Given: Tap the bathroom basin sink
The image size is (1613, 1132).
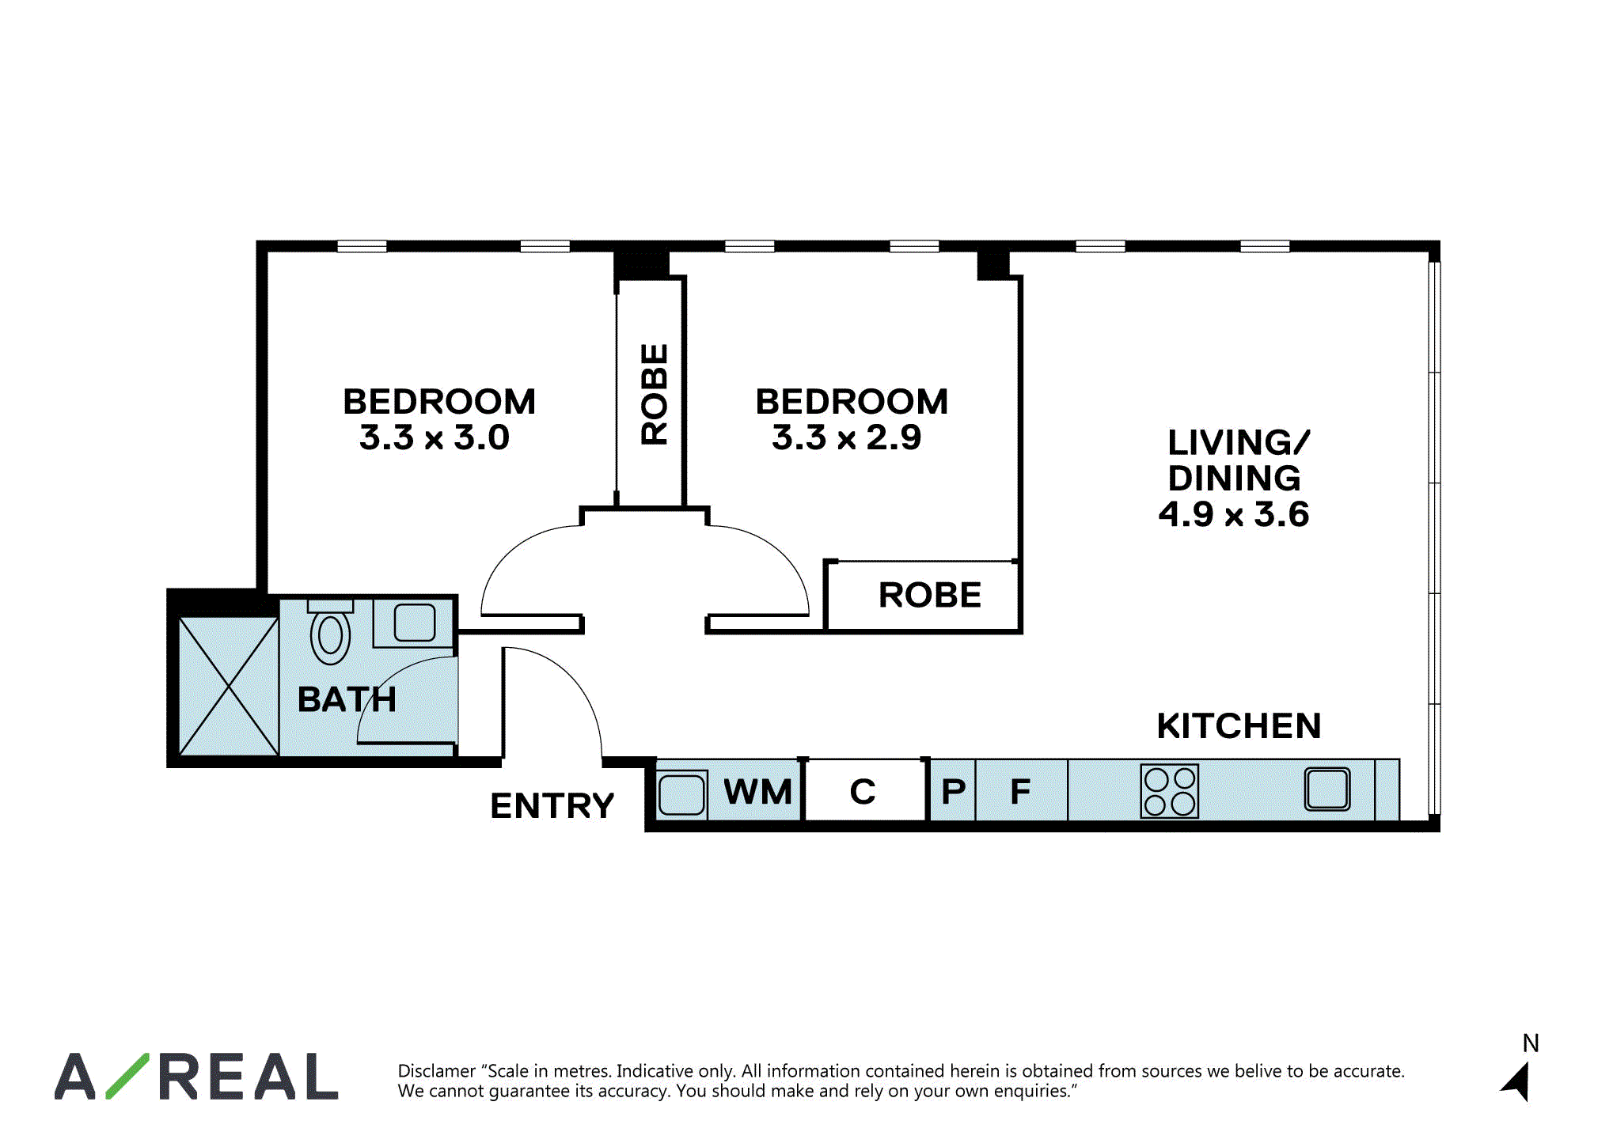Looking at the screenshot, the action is pyautogui.click(x=415, y=623).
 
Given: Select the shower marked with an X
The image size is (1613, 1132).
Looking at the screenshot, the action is pyautogui.click(x=229, y=686).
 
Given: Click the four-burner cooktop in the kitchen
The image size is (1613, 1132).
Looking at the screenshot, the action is pyautogui.click(x=1170, y=790).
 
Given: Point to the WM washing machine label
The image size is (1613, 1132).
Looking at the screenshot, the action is pyautogui.click(x=757, y=791).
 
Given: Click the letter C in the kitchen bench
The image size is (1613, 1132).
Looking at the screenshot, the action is pyautogui.click(x=863, y=792).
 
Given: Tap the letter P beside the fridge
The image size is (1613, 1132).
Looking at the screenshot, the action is pyautogui.click(x=954, y=791).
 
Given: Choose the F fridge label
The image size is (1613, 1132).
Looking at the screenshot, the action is pyautogui.click(x=1020, y=791).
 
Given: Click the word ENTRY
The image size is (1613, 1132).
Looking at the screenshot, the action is pyautogui.click(x=552, y=806).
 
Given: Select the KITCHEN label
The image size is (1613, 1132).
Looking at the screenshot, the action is pyautogui.click(x=1239, y=725).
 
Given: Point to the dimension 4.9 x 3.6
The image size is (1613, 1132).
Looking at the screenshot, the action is pyautogui.click(x=1234, y=514).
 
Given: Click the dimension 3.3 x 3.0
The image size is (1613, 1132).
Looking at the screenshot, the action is pyautogui.click(x=435, y=437).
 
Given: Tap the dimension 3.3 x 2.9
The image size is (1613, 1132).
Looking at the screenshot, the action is pyautogui.click(x=847, y=437).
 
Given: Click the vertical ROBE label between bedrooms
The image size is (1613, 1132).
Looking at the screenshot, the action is pyautogui.click(x=655, y=394).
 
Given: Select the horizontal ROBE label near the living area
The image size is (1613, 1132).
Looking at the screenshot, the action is pyautogui.click(x=930, y=595).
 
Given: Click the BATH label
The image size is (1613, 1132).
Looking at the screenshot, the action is pyautogui.click(x=347, y=699).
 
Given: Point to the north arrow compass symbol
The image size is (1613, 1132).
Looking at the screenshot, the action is pyautogui.click(x=1516, y=1081).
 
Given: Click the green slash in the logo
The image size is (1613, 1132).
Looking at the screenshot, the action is pyautogui.click(x=127, y=1076).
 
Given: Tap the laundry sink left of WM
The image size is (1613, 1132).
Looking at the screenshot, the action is pyautogui.click(x=681, y=793).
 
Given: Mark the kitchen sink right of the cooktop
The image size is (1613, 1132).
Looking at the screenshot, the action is pyautogui.click(x=1327, y=789).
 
